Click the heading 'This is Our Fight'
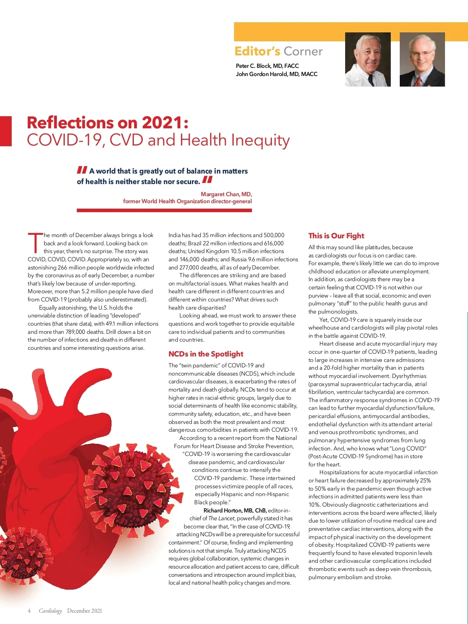coord(336,236)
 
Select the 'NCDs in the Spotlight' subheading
coord(206,354)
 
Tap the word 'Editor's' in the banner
coord(257,51)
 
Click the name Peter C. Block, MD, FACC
coord(267,66)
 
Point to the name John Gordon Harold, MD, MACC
coord(277,74)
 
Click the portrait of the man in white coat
coord(368,60)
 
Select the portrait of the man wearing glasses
coord(422,60)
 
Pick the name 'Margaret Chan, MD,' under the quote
coord(226,194)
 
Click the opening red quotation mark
coord(82,170)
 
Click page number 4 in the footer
coord(29,611)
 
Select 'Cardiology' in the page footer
coord(50,611)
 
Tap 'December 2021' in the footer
coord(84,611)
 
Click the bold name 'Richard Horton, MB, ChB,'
coord(235,511)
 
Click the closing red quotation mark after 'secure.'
coord(207,180)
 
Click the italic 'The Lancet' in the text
coord(221,519)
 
